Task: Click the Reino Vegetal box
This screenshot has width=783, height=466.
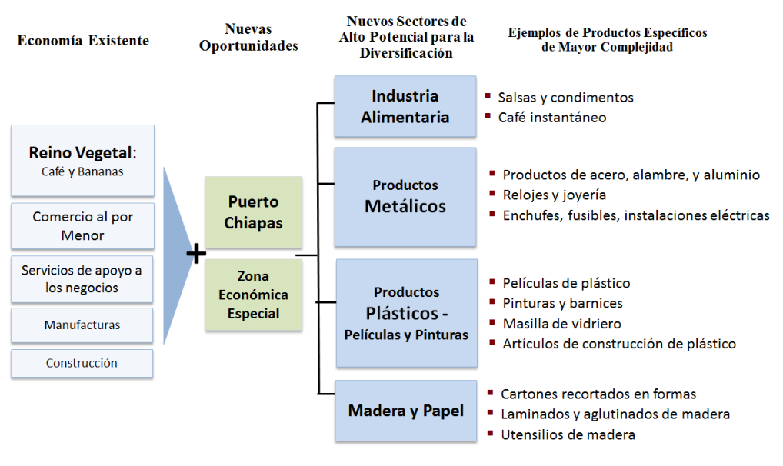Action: point(82,160)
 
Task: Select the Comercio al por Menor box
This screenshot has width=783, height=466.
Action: point(82,226)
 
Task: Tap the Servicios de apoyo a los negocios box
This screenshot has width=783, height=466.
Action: point(82,279)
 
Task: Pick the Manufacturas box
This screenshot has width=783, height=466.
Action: point(82,325)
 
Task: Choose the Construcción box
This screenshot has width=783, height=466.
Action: point(82,363)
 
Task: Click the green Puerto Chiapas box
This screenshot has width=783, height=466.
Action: point(254,211)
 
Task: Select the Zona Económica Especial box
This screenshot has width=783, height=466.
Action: point(254,295)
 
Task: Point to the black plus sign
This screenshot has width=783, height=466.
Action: point(196,253)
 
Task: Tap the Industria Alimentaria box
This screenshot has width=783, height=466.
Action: point(405,106)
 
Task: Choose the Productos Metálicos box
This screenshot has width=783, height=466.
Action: point(405,197)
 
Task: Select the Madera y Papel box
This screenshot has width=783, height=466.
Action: point(406,411)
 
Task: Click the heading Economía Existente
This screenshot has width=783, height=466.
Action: point(83,41)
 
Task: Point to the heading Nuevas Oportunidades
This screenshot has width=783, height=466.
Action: point(248,37)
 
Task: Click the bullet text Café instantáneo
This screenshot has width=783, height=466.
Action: point(552,118)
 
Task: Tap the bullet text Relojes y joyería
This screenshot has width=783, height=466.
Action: point(555,195)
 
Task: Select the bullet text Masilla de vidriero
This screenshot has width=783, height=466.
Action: point(561,324)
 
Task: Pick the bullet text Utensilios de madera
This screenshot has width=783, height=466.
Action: point(568,434)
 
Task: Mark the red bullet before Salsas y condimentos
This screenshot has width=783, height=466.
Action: point(488,95)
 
